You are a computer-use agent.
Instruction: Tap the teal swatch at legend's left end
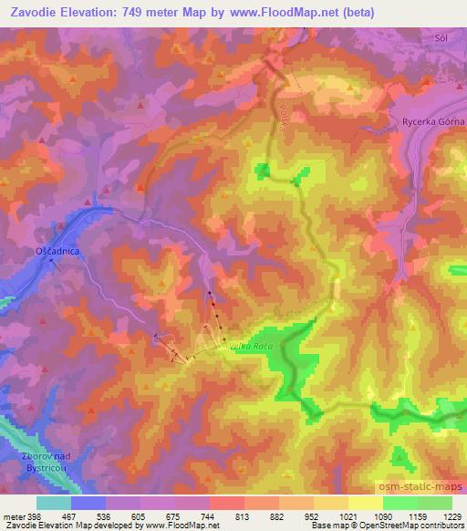click(x=54, y=502)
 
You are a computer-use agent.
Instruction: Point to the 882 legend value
click(x=278, y=515)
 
